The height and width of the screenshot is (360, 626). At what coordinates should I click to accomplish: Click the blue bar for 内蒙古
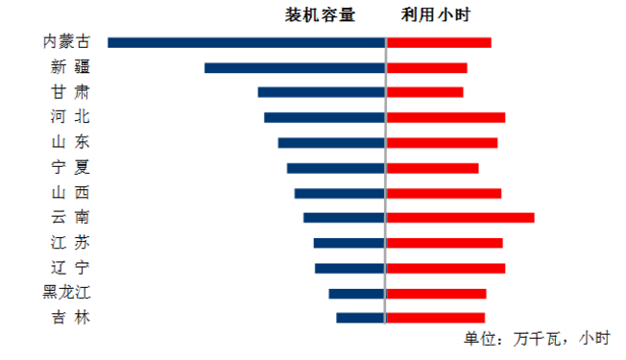(x=247, y=42)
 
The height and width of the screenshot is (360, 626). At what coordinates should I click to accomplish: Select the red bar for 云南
(x=460, y=218)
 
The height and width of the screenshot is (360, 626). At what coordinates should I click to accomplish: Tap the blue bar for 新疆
(x=295, y=68)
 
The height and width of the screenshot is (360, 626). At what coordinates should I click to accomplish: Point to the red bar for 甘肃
(x=424, y=92)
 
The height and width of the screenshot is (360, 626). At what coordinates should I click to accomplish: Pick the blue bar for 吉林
(x=360, y=318)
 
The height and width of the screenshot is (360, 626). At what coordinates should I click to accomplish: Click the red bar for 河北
(x=445, y=117)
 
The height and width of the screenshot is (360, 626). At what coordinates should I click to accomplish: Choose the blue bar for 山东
(x=331, y=142)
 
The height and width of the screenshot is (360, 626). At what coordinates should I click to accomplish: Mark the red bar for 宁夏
(x=432, y=168)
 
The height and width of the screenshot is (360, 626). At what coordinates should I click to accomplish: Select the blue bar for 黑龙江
(x=356, y=293)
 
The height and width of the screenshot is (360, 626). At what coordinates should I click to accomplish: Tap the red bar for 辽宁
(x=445, y=268)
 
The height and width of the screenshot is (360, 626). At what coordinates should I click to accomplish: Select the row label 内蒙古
(x=67, y=42)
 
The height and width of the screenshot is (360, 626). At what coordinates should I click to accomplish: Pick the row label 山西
(x=71, y=193)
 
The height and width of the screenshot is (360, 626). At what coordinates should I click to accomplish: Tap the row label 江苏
(x=71, y=243)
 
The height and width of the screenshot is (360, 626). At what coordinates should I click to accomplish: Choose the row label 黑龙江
(x=67, y=293)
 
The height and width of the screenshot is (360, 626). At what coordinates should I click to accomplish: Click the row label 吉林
(x=71, y=318)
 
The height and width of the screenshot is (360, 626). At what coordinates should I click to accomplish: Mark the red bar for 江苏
(x=445, y=243)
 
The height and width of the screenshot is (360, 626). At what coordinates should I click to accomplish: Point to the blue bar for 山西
(x=339, y=193)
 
